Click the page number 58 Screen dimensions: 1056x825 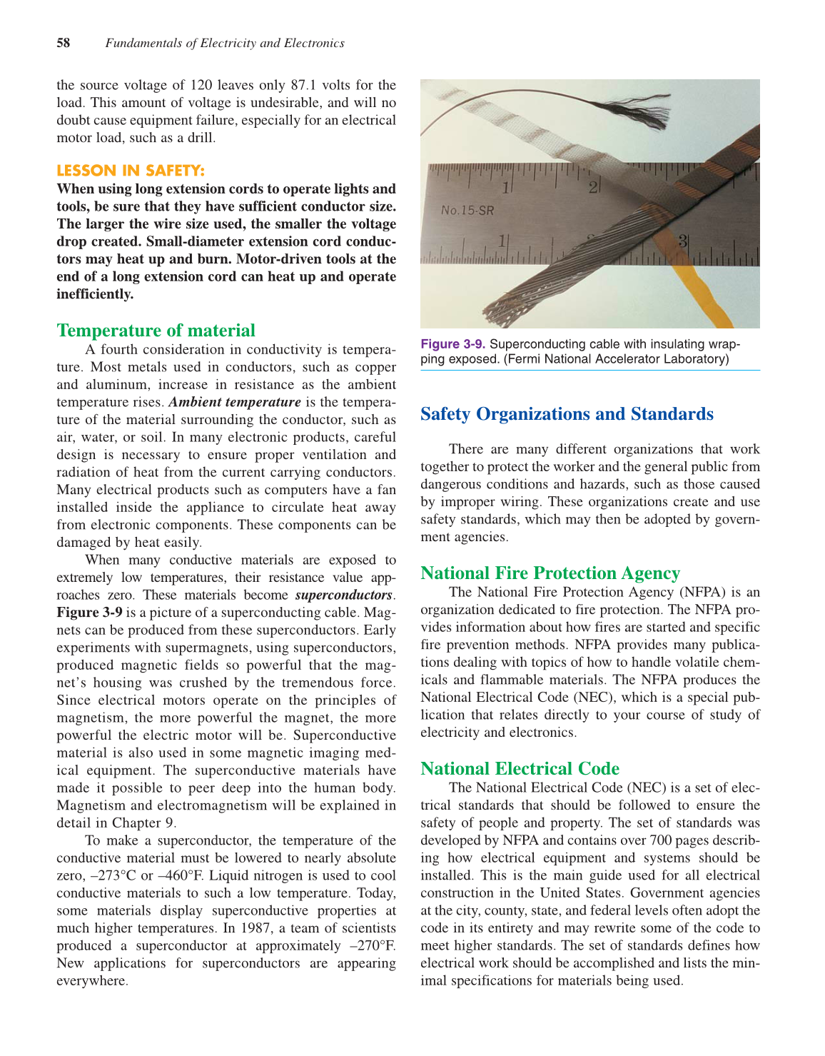64,44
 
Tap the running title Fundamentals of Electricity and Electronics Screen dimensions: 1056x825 225,44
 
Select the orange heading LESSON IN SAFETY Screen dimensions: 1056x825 131,171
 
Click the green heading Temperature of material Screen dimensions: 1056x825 156,331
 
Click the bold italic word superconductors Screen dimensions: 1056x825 343,595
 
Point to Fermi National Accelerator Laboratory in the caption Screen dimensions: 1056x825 617,358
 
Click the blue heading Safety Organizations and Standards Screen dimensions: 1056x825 567,414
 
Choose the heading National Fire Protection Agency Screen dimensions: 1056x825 550,573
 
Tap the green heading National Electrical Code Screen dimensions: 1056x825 520,769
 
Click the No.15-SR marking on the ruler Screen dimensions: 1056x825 467,210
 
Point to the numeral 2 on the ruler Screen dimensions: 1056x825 592,187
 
